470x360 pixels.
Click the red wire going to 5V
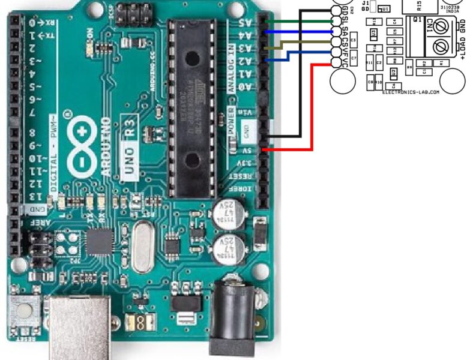pos(312,108)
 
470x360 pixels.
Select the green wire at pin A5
pos(300,20)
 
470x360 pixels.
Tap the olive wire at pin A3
pos(300,43)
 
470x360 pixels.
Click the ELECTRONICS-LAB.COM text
pos(411,92)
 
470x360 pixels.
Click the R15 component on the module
pos(419,5)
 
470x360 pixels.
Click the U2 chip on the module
pos(393,73)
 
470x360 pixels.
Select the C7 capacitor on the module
pos(354,58)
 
